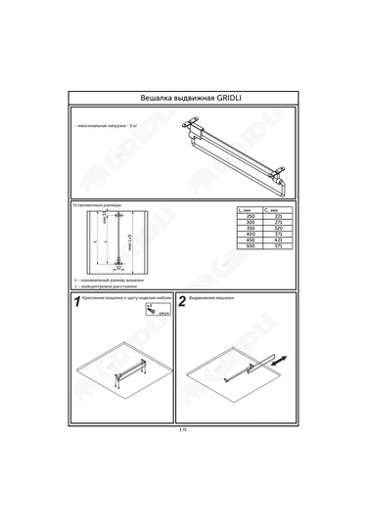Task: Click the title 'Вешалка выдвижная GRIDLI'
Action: (x=183, y=99)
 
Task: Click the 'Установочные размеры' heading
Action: (x=96, y=205)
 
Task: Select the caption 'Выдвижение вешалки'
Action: (x=211, y=298)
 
